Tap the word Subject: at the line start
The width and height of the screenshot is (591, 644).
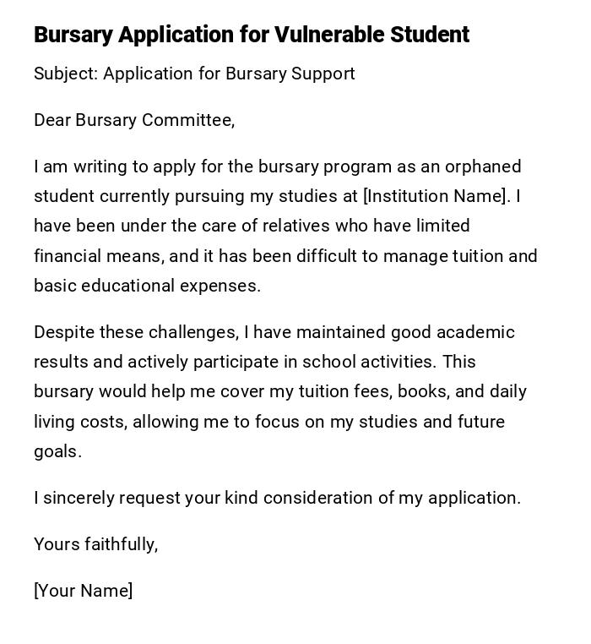click(x=66, y=74)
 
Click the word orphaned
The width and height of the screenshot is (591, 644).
click(x=483, y=166)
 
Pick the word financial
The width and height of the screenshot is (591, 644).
click(x=68, y=255)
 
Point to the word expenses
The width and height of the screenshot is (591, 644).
click(x=222, y=286)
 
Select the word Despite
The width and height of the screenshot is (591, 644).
click(x=62, y=332)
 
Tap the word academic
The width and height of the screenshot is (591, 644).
click(x=477, y=332)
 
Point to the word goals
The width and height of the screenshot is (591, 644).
click(x=56, y=451)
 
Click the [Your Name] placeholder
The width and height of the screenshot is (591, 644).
click(x=83, y=591)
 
